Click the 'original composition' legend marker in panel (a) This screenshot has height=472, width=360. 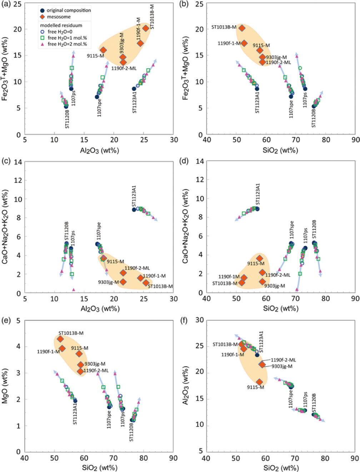click(x=42, y=10)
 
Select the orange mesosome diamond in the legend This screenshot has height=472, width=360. click(x=42, y=17)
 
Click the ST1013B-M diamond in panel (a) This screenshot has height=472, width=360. click(x=146, y=28)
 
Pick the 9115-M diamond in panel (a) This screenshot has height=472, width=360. click(x=103, y=50)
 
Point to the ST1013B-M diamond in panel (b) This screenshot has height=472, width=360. click(x=242, y=28)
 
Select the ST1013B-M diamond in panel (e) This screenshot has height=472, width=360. click(x=60, y=339)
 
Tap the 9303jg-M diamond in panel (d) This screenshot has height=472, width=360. click(x=262, y=282)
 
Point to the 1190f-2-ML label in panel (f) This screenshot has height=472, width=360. click(x=283, y=360)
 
